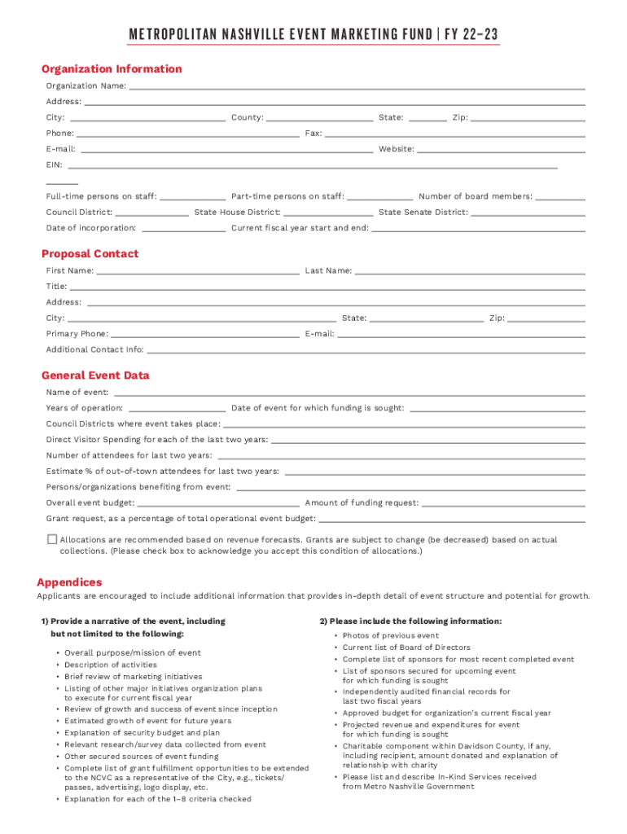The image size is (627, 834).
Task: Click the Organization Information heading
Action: click(112, 69)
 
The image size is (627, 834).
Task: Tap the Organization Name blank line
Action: click(357, 86)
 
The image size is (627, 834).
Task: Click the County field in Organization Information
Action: click(319, 117)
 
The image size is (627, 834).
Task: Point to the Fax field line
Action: click(454, 133)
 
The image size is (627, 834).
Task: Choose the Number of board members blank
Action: click(560, 196)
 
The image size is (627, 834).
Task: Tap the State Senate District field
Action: click(528, 212)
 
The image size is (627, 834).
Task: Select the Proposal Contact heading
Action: click(90, 254)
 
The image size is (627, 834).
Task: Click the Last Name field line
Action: click(470, 270)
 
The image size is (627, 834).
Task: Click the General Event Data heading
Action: click(95, 375)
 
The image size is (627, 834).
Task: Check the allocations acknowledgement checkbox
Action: click(52, 539)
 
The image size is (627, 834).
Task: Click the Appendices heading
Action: click(69, 582)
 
